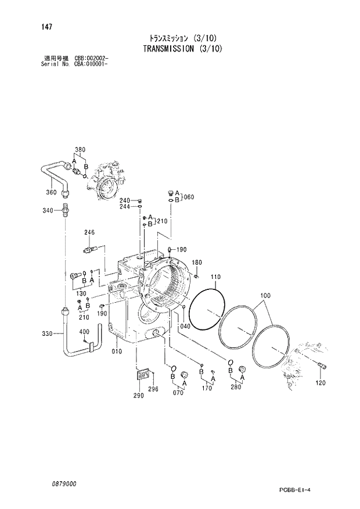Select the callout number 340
point(48,210)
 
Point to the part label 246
point(89,233)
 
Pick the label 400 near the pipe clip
point(84,332)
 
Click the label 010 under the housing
point(116,351)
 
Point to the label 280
point(235,388)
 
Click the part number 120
point(321,383)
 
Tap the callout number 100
point(265,296)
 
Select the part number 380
point(80,150)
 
